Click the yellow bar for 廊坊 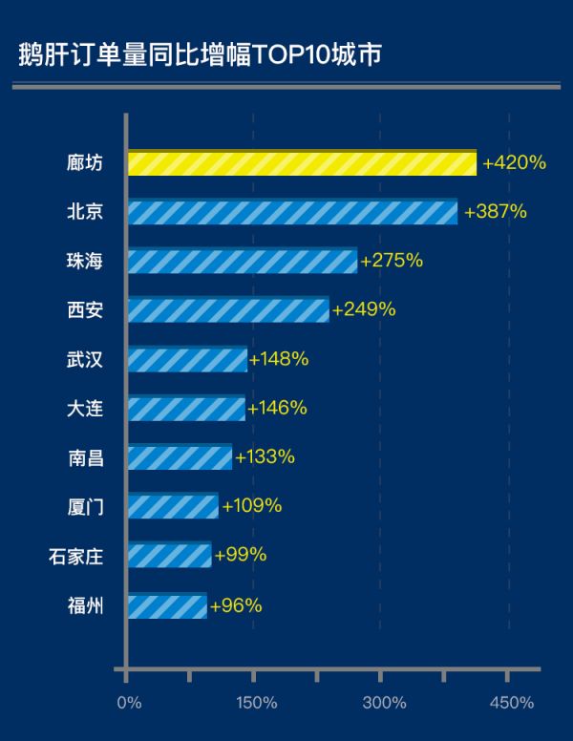pos(302,163)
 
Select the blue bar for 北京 pos(292,212)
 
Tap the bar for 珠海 pos(242,261)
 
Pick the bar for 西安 pos(227,309)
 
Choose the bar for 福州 pos(166,605)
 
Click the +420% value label pos(514,163)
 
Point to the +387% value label pos(495,212)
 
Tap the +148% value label pos(278,359)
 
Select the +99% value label pos(241,555)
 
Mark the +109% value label pos(251,506)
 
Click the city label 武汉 pos(85,359)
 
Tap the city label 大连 pos(85,409)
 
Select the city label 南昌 pos(85,457)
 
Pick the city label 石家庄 pos(75,556)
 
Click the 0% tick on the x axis pos(128,704)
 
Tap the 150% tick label pos(255,704)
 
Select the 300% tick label pos(383,704)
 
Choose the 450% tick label pos(510,704)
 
